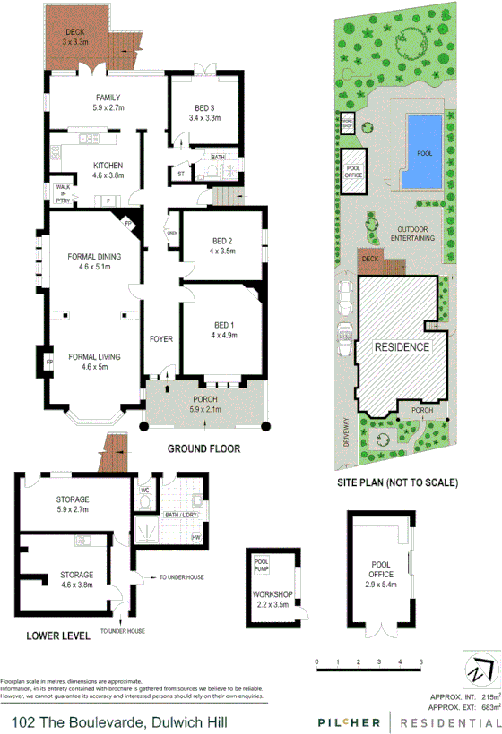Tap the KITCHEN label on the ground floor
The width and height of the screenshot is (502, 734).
[108, 165]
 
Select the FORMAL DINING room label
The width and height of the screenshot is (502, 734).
[94, 257]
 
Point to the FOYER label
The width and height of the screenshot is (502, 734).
[161, 339]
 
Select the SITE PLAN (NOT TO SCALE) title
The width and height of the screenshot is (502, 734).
[397, 482]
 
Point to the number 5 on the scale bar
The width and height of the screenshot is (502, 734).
[420, 661]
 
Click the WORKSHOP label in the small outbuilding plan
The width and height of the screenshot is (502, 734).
[273, 593]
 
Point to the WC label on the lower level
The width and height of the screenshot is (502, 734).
[144, 491]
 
